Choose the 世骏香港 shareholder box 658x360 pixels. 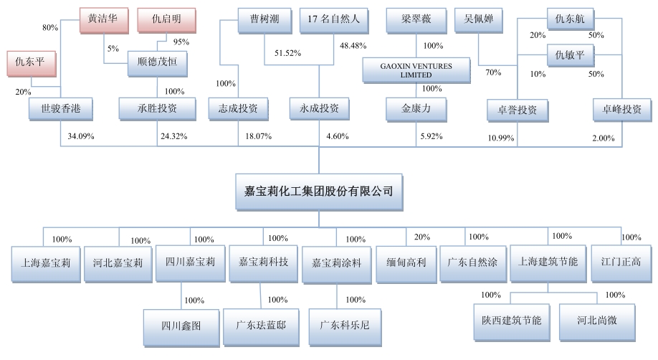[59, 110]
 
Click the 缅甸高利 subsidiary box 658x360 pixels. [406, 262]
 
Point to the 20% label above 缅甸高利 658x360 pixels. [422, 237]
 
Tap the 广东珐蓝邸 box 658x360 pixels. [260, 325]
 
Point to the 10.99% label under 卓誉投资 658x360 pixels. [501, 137]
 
